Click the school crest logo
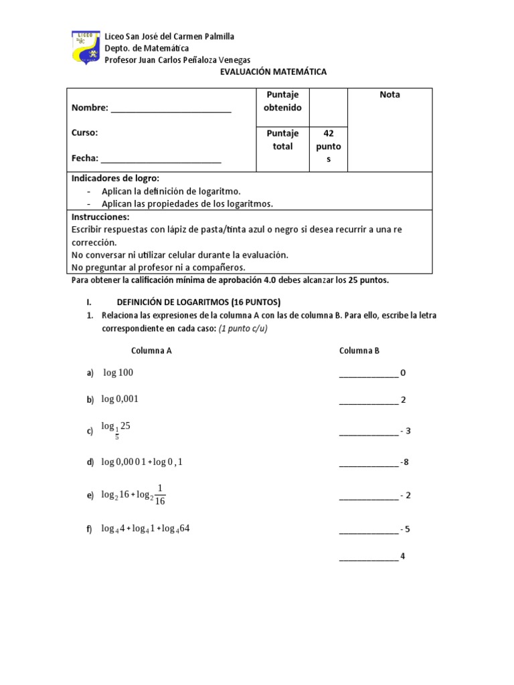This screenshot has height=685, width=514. click(x=86, y=47)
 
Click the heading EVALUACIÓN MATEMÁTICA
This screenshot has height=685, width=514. click(x=273, y=72)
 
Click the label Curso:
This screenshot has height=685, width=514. click(x=85, y=132)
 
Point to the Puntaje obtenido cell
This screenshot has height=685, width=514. click(x=282, y=101)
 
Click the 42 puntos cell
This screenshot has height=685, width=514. click(x=329, y=146)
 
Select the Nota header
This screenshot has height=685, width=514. click(x=390, y=95)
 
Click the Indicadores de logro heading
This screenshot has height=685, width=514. click(x=116, y=179)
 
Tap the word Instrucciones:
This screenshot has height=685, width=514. click(x=100, y=217)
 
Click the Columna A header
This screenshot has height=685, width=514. click(x=151, y=350)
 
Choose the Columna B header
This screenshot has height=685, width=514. click(x=359, y=350)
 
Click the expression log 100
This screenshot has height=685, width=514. click(x=118, y=372)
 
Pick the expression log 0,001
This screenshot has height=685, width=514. click(x=120, y=399)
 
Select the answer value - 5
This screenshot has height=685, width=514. click(x=404, y=529)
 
